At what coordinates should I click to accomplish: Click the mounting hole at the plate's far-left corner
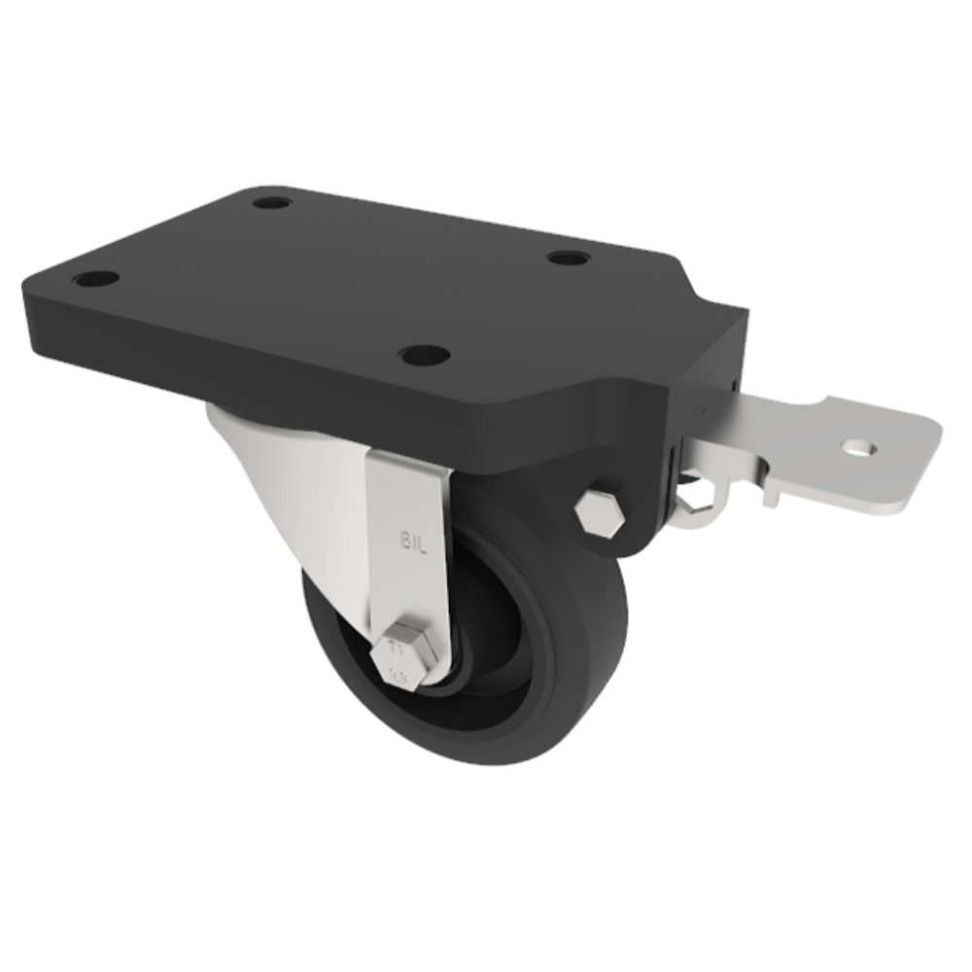point(95,279)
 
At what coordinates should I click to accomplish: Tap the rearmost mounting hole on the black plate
point(270,204)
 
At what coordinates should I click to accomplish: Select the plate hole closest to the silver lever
point(568,259)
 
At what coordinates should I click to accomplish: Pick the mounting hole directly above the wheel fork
point(424,355)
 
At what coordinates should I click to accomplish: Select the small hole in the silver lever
point(859,449)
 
